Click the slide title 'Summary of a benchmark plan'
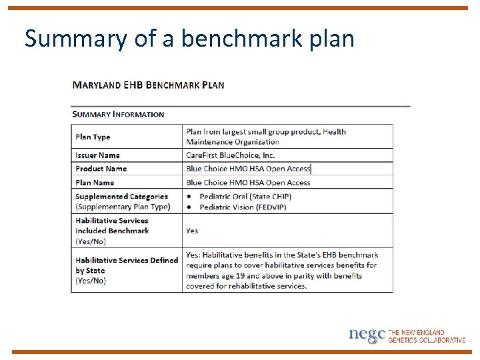tap(189, 39)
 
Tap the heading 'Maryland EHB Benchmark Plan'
tap(148, 85)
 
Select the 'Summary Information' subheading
tap(118, 114)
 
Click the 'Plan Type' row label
tap(93, 137)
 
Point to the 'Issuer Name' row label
tap(97, 155)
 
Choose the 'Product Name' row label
tap(101, 169)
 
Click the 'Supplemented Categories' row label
tap(121, 197)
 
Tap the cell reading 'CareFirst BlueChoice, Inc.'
tap(230, 155)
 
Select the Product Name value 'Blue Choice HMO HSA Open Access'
tap(248, 169)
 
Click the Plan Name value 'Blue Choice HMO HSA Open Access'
tap(248, 183)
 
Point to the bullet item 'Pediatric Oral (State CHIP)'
tap(245, 197)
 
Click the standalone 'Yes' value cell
tap(192, 231)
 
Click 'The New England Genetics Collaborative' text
tap(427, 336)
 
